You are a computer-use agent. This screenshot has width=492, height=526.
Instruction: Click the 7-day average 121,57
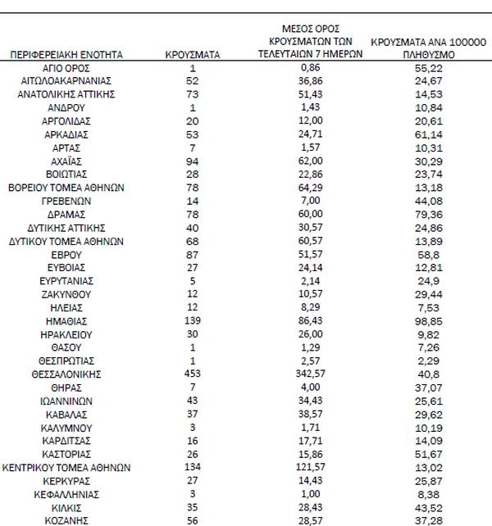click(x=310, y=468)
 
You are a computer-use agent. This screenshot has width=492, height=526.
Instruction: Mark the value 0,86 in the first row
click(x=310, y=69)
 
